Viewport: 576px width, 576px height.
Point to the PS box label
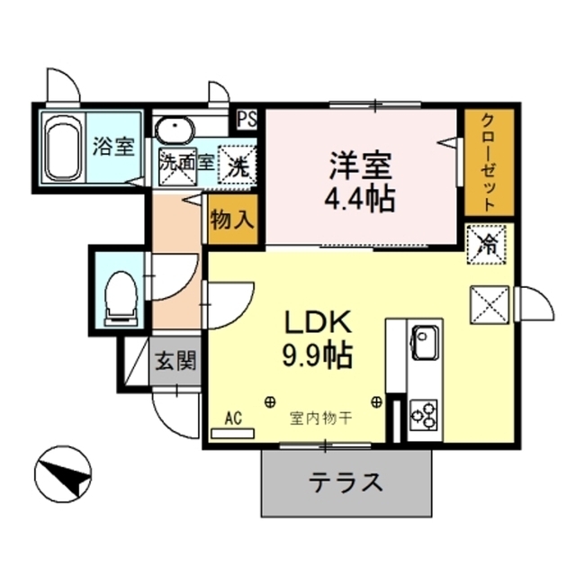click(245, 117)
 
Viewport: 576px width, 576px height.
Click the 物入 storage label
click(233, 220)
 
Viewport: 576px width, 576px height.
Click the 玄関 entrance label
click(175, 362)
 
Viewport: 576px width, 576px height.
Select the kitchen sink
click(423, 341)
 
